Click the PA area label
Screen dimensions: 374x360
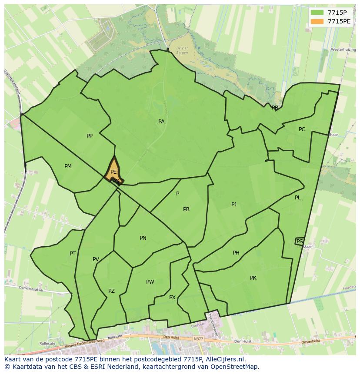161,122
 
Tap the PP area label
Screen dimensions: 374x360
90,136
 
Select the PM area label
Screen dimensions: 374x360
68,166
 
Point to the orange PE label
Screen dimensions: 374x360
113,172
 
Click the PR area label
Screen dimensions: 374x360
186,209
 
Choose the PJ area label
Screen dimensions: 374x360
234,204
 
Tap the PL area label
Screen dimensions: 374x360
298,198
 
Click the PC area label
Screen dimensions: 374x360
302,129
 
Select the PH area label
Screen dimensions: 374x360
236,253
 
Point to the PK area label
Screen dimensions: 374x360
253,278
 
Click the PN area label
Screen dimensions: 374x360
143,238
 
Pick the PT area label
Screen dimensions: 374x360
73,254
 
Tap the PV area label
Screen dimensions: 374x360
96,259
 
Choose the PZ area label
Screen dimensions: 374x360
111,291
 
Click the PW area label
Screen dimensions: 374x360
150,282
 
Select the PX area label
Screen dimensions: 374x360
172,298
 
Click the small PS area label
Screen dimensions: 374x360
300,241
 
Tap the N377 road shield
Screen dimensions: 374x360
198,338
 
